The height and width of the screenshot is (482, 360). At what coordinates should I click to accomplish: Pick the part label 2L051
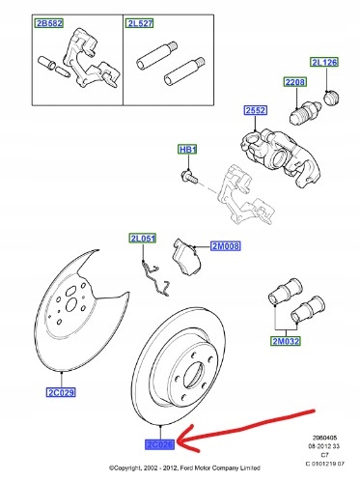[142, 239]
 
